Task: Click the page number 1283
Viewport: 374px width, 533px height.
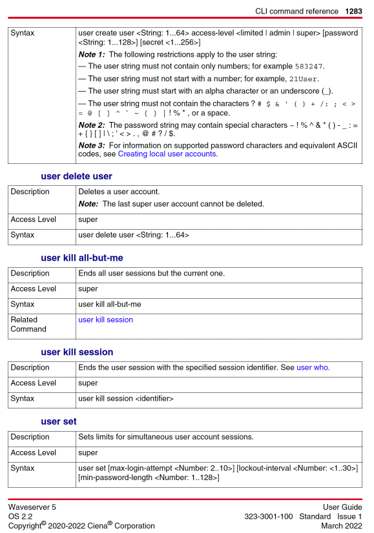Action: point(353,11)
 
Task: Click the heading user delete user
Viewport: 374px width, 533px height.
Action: point(76,176)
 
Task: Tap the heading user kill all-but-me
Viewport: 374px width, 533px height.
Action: point(81,258)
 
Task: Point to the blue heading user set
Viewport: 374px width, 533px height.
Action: point(59,421)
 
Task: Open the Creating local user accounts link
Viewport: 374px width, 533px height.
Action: point(167,154)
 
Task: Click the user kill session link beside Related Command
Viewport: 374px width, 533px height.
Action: point(105,320)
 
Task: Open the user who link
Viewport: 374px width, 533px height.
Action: point(312,368)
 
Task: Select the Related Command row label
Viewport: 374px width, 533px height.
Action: point(28,324)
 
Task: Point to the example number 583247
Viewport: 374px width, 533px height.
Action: point(310,66)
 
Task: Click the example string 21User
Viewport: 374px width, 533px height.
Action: point(303,79)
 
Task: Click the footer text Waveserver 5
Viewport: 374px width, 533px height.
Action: point(32,507)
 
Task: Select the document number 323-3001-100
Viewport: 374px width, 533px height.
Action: point(268,517)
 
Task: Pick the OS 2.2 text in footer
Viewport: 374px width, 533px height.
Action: point(21,517)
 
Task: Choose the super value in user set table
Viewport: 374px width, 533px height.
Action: point(88,453)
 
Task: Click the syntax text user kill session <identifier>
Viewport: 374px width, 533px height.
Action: point(125,399)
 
